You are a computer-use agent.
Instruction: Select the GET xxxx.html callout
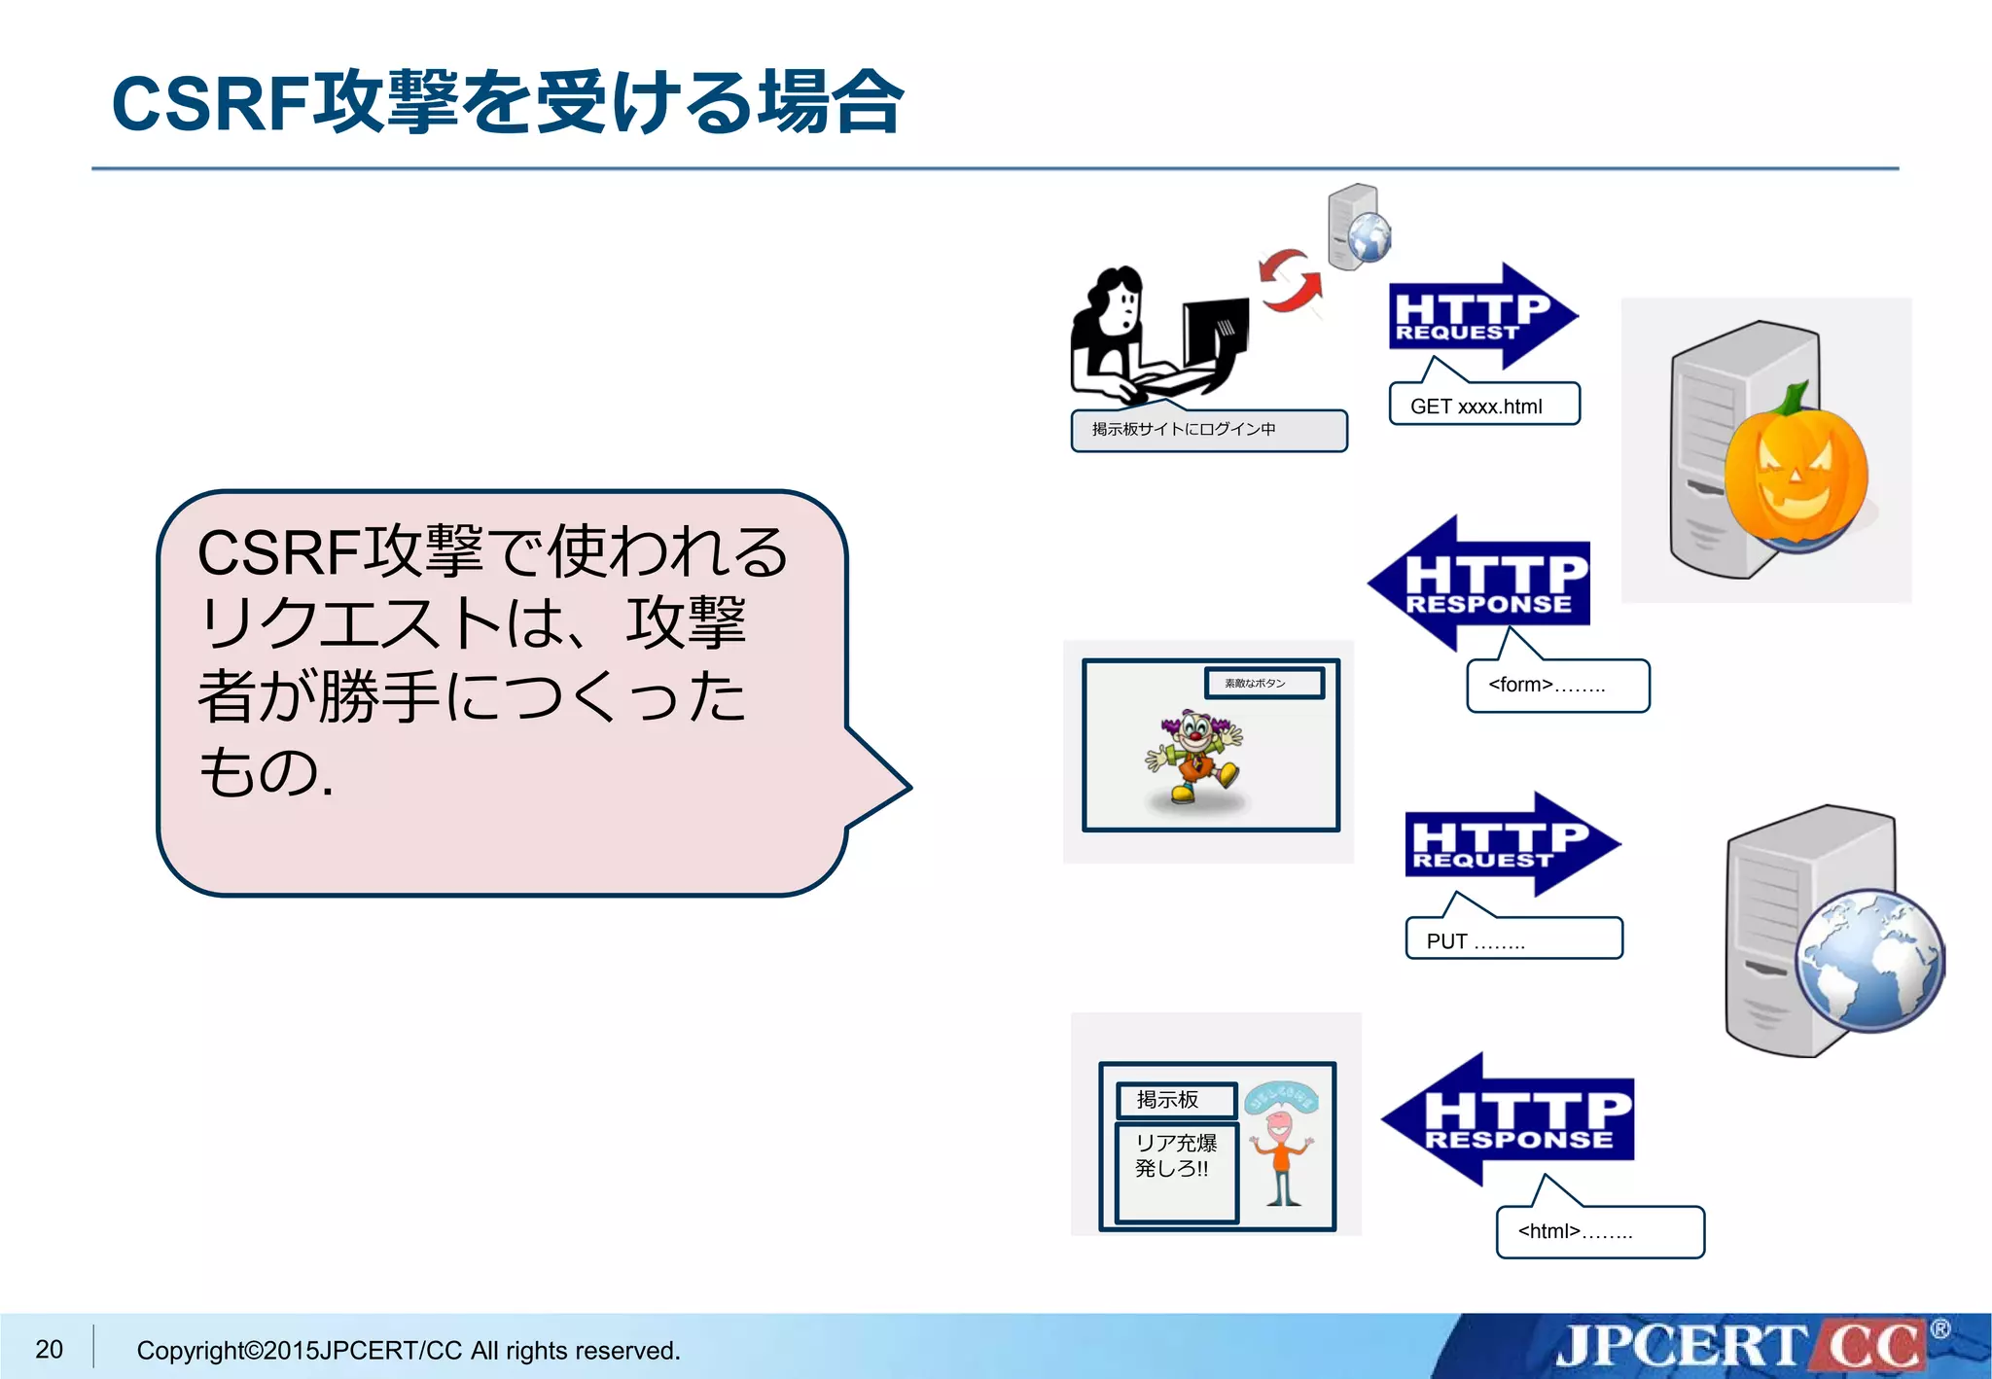[1483, 406]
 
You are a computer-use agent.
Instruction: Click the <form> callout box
[1557, 686]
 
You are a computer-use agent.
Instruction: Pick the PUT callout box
[1513, 939]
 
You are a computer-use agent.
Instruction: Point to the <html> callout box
[1600, 1232]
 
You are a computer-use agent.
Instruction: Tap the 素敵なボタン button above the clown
[1263, 683]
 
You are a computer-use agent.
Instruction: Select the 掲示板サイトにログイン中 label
[1208, 430]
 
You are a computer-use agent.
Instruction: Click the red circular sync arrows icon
[1291, 280]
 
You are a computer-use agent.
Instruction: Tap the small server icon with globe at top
[1358, 228]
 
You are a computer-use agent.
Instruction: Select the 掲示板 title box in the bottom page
[1176, 1100]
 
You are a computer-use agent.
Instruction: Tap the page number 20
[49, 1349]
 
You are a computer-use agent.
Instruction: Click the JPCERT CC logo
[1741, 1347]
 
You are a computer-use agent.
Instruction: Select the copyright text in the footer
[409, 1350]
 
